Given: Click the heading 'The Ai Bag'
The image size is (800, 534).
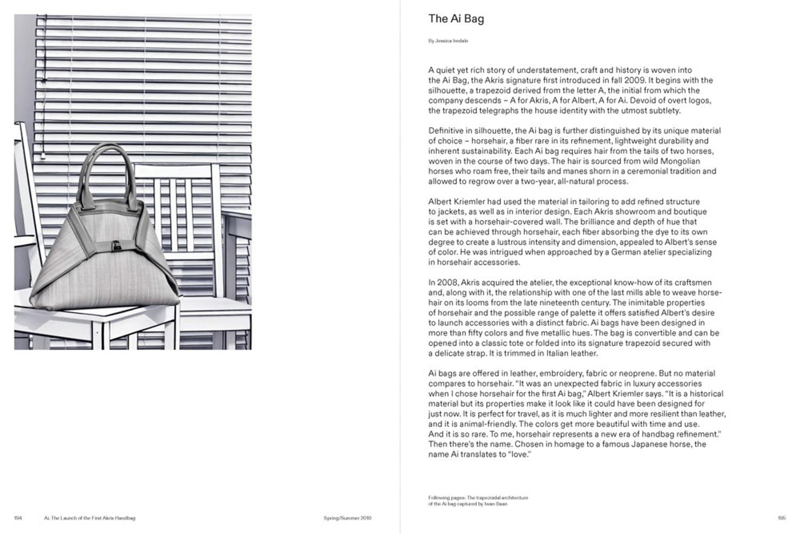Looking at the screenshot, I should (x=456, y=19).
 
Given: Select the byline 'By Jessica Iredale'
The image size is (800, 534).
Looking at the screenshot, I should (x=448, y=41).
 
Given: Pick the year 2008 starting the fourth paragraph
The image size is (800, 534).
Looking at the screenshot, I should (x=446, y=283).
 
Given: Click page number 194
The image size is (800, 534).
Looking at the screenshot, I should (x=18, y=518).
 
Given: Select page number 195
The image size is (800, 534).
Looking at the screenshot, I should (x=782, y=518).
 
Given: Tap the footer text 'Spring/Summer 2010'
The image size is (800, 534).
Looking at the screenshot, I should (x=347, y=518).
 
